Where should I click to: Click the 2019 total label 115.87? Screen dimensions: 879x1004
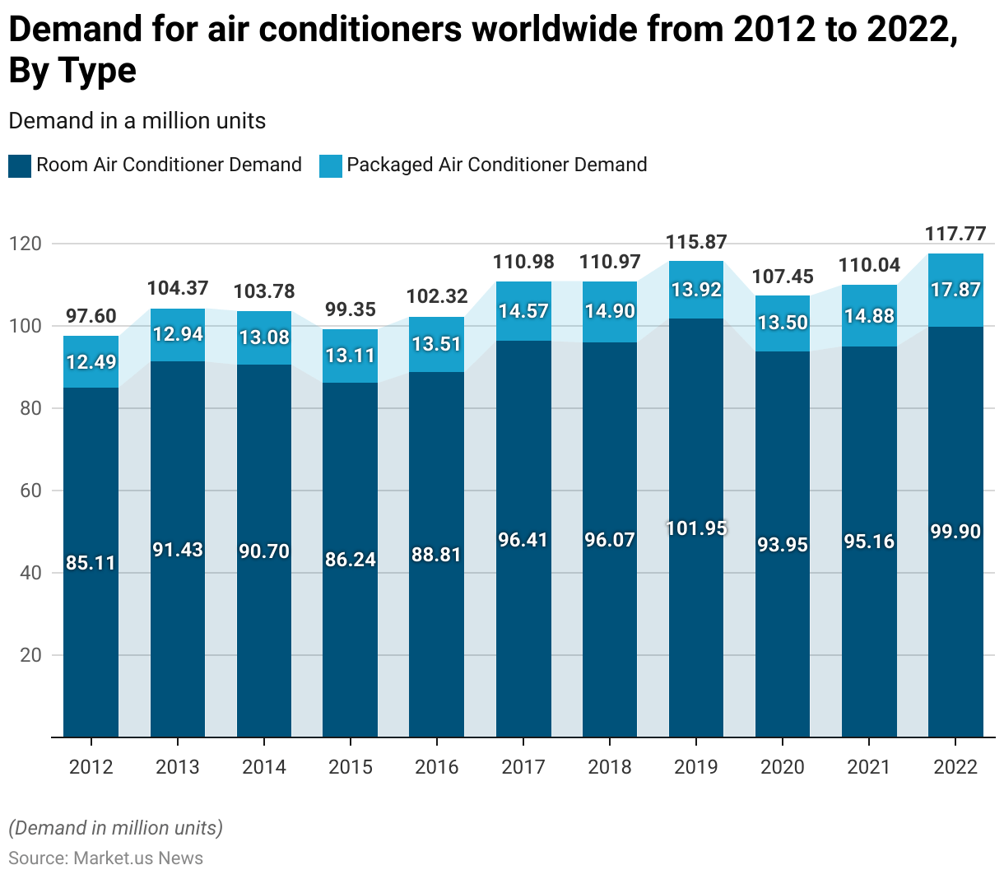click(696, 242)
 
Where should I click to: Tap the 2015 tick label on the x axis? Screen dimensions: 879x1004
click(351, 767)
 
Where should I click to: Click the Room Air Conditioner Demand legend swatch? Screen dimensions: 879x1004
click(20, 165)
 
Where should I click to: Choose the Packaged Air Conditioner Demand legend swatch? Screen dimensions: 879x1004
click(331, 165)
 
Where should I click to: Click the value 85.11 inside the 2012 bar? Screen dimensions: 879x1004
click(91, 564)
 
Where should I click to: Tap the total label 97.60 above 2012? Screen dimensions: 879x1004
click(91, 316)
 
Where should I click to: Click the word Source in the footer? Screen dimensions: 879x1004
click(37, 858)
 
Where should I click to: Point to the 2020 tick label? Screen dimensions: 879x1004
click(783, 767)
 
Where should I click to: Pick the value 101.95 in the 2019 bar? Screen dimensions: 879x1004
click(696, 528)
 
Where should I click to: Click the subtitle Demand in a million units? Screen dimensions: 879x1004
click(137, 121)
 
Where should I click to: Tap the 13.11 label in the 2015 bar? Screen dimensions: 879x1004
click(351, 356)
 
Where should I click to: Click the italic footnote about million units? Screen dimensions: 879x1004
click(116, 828)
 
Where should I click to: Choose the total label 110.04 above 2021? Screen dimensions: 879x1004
click(869, 265)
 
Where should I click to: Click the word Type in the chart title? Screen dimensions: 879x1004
click(96, 71)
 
